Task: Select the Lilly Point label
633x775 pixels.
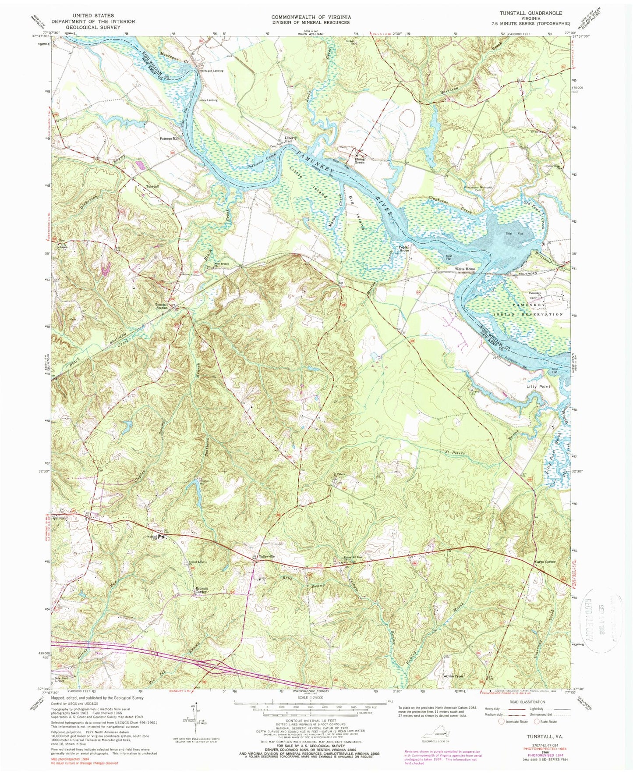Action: (x=538, y=387)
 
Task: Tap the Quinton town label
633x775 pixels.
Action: (x=59, y=518)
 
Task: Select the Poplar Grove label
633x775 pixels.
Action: (x=403, y=248)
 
